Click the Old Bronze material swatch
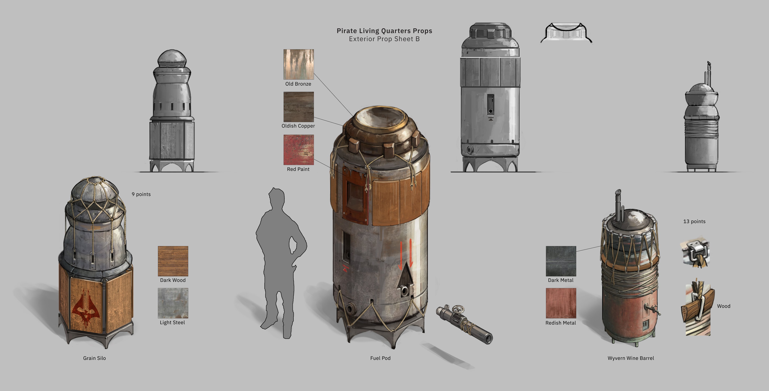(299, 64)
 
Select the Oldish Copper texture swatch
(299, 107)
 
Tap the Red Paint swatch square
(299, 149)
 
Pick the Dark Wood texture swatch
(173, 261)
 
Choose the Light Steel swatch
(173, 303)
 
